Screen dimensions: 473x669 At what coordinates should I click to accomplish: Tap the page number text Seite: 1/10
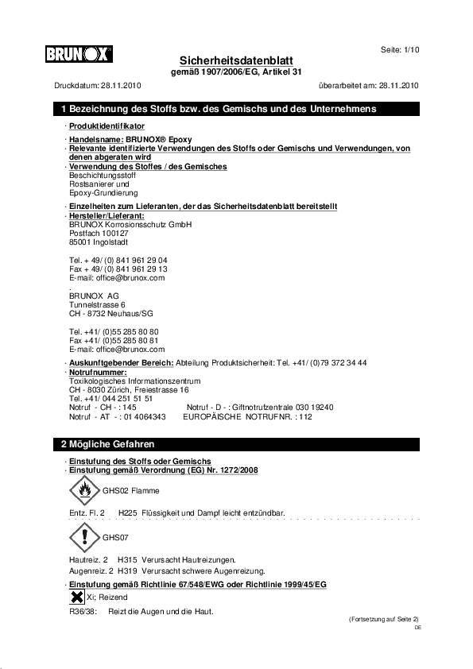(x=400, y=50)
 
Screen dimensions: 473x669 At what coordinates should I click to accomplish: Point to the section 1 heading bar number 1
(x=64, y=109)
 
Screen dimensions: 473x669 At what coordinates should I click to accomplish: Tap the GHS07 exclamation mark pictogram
(x=85, y=537)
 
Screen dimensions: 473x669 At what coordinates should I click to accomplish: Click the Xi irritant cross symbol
(x=77, y=597)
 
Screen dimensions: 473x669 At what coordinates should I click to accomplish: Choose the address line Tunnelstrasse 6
(x=97, y=304)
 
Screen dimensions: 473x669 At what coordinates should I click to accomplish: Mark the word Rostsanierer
(x=93, y=184)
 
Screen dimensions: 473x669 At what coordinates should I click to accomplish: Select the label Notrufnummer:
(x=98, y=372)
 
